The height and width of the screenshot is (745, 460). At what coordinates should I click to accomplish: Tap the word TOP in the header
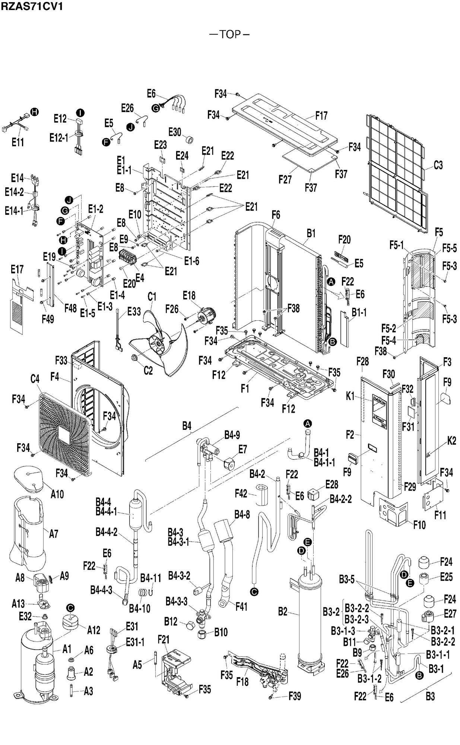click(x=230, y=34)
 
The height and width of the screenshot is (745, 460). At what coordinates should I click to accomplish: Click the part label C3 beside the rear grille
click(x=438, y=165)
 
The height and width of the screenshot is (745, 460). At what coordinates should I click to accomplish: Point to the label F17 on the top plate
click(x=321, y=116)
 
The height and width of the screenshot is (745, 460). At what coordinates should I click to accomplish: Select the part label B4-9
click(x=232, y=435)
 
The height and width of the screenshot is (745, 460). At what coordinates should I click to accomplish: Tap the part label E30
click(x=175, y=132)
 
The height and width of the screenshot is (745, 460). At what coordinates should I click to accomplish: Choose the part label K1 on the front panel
click(x=350, y=396)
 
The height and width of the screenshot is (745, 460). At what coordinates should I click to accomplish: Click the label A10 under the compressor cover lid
click(x=57, y=494)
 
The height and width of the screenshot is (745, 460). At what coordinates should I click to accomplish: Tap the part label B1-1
click(x=359, y=313)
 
